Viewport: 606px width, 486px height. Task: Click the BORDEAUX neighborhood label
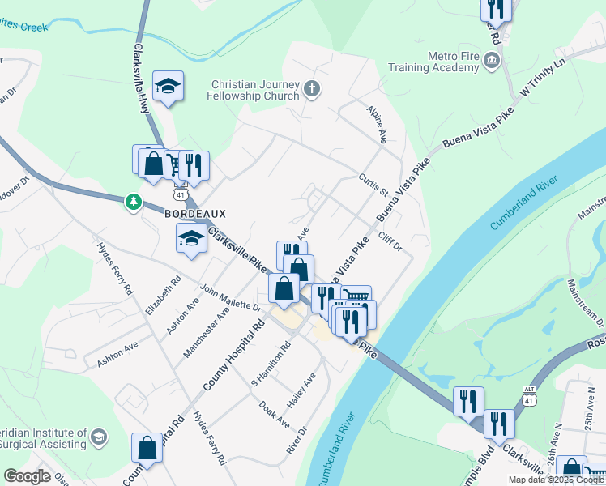click(194, 214)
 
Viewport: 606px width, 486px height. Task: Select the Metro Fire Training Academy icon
click(491, 61)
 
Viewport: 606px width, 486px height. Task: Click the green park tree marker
click(133, 201)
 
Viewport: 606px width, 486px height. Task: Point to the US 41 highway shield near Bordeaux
click(180, 195)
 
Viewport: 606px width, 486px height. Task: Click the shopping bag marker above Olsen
click(147, 447)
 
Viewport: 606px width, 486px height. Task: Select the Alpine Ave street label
click(377, 125)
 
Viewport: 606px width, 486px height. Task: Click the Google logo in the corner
click(28, 476)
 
